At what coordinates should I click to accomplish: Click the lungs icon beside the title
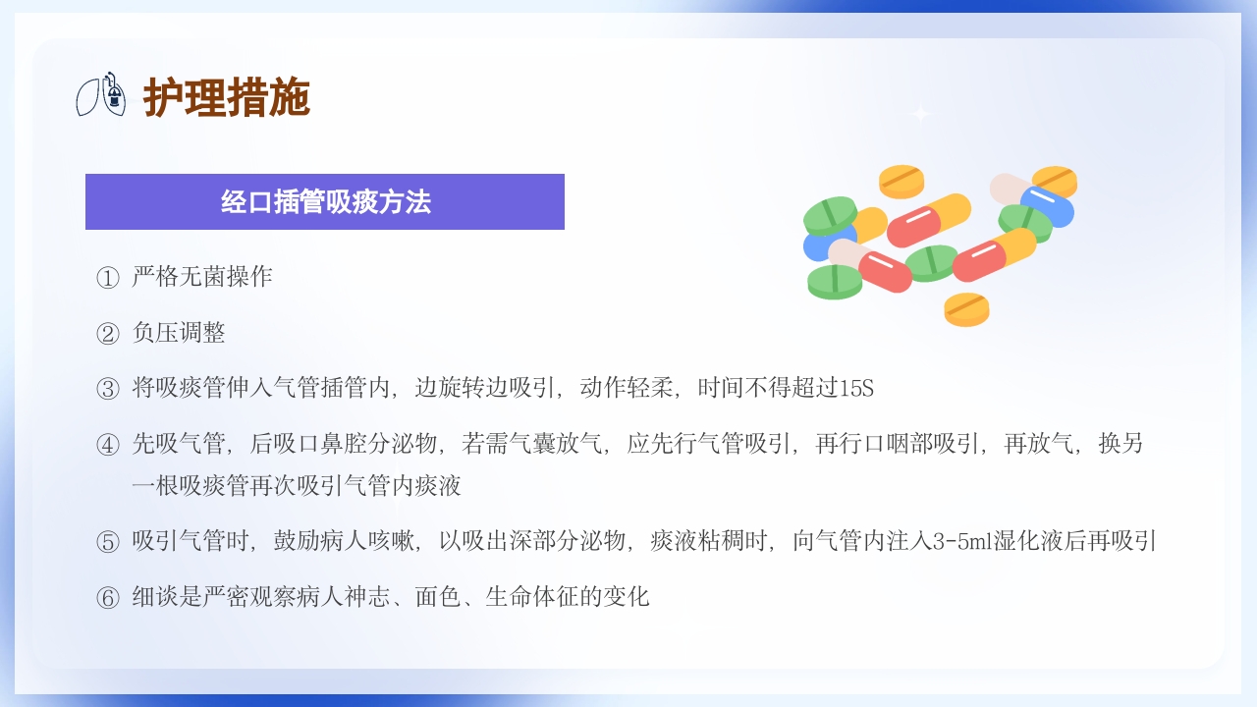click(102, 94)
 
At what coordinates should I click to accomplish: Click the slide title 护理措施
click(227, 97)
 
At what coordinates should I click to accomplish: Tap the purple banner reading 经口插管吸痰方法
click(325, 202)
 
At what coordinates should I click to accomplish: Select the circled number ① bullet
click(107, 278)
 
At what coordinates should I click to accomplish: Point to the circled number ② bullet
click(107, 334)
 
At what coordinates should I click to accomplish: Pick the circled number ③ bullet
click(107, 389)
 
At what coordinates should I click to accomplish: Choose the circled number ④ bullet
click(107, 445)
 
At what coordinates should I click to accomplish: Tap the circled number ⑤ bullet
click(107, 542)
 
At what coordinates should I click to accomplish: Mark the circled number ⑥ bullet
click(107, 598)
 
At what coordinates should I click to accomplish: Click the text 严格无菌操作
click(202, 277)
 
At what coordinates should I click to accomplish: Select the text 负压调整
click(179, 333)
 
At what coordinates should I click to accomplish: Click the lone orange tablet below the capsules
click(966, 308)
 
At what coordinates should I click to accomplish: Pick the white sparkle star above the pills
click(920, 114)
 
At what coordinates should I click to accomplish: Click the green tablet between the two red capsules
click(931, 262)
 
